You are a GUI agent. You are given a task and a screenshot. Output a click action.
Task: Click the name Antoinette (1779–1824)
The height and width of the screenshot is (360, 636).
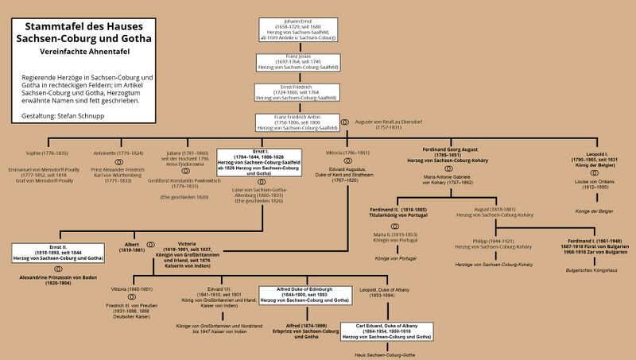pyautogui.click(x=118, y=153)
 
